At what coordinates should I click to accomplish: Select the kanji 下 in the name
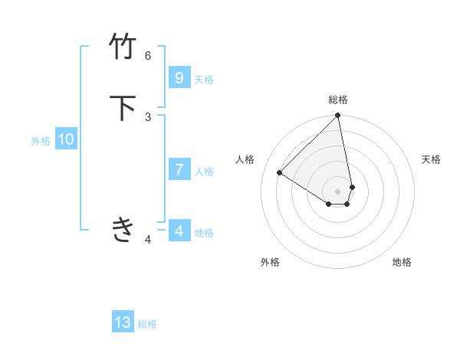123,108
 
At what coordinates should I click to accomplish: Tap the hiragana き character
123,228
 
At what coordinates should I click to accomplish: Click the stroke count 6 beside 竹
148,55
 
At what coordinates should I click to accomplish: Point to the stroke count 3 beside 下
148,116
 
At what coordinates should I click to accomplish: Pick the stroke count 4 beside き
148,240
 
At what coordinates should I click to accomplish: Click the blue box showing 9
179,78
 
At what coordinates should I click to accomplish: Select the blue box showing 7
179,170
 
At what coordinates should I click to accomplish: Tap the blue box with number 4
179,231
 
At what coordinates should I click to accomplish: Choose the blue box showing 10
66,139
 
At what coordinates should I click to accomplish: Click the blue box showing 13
123,322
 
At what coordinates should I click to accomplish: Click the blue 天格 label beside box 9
204,80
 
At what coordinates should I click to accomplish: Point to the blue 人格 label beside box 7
204,172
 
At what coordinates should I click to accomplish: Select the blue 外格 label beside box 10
41,141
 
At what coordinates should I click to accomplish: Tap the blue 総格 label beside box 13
147,324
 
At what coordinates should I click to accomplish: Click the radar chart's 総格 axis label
338,100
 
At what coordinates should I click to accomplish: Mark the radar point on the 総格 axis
338,116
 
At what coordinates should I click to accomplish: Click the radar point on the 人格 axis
280,173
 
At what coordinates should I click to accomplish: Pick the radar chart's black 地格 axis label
402,262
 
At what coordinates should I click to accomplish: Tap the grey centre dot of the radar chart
338,191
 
